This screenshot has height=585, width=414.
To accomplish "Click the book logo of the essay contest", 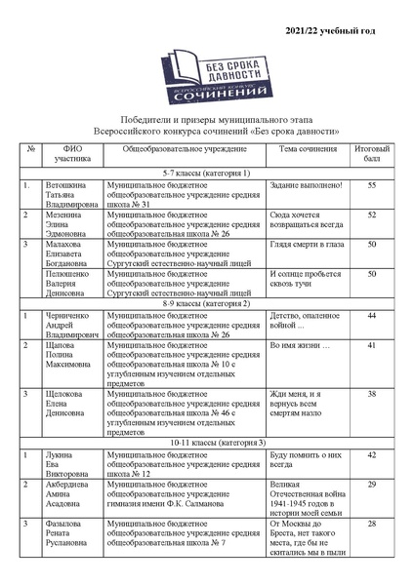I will [207, 82].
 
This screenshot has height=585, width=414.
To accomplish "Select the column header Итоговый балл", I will [371, 154].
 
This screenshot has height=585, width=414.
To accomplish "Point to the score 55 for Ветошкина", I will [371, 184].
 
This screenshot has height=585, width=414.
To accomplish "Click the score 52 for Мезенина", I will [371, 214].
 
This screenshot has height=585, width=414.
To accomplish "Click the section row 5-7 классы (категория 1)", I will [207, 173].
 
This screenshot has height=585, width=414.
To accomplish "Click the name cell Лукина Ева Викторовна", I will [68, 464].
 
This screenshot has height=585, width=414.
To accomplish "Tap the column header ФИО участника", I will [71, 154].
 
